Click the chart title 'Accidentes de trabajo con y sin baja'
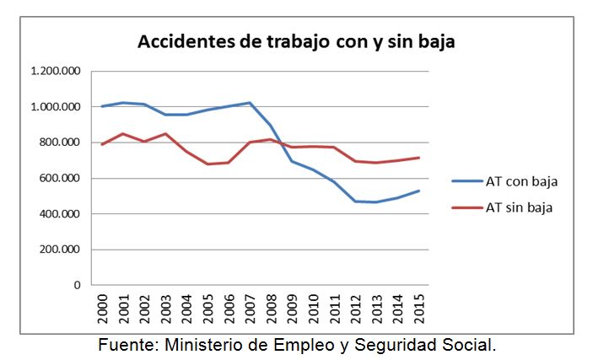click(296, 42)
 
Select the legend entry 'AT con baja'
click(521, 180)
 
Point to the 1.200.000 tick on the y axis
click(56, 72)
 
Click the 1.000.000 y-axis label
click(56, 107)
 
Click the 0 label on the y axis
click(77, 285)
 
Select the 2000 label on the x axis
click(103, 309)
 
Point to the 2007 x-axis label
click(251, 309)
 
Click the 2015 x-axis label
click(419, 309)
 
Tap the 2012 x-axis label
click(356, 309)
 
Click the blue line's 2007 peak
click(251, 103)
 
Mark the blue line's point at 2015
click(419, 191)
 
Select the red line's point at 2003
click(166, 134)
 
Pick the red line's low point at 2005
click(208, 164)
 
